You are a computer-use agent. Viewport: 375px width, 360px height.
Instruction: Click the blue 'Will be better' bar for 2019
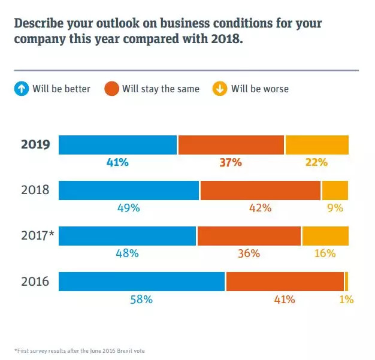pos(118,146)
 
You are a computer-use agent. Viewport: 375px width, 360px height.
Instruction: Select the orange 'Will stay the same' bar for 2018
pos(261,190)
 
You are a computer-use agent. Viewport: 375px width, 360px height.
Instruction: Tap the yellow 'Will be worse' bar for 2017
pos(325,236)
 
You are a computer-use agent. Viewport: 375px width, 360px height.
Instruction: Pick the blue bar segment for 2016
pos(142,282)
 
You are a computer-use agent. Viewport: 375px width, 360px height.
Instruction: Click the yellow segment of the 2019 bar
pos(317,146)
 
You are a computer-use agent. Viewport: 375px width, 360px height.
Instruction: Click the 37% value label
pos(230,162)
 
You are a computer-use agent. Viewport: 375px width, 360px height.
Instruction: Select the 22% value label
pos(316,162)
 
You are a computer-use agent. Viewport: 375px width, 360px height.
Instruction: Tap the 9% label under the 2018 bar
pos(335,208)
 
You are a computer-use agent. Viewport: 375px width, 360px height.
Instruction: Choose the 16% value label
pos(325,253)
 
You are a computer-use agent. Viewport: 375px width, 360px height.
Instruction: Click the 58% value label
pos(141,299)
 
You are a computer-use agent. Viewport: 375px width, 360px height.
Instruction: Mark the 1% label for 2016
pos(346,299)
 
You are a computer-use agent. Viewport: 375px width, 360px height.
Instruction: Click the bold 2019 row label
pos(35,145)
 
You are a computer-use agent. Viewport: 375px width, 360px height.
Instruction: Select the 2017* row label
pos(38,236)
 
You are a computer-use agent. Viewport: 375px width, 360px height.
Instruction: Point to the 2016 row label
pos(35,282)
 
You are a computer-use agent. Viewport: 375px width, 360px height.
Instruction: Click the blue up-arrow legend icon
pos(22,89)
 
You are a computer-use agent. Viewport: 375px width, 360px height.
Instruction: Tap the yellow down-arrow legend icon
pos(219,89)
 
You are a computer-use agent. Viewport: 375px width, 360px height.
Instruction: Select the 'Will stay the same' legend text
pos(161,89)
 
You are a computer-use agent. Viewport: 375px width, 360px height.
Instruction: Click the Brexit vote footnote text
pos(80,350)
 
